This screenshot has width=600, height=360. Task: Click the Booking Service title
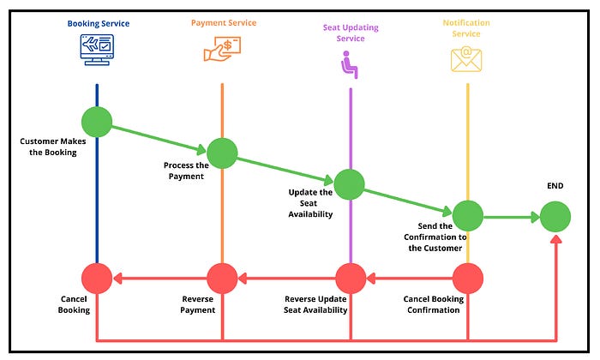99,23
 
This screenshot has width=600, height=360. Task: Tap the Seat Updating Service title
351,32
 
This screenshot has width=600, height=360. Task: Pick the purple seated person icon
350,64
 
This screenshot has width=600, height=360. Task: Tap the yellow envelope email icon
467,58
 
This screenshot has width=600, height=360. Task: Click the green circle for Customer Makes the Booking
97,122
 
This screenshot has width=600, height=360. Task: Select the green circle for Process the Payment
222,152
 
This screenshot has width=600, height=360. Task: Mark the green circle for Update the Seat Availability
350,183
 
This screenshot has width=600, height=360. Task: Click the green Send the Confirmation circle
468,216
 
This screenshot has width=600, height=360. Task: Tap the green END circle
555,216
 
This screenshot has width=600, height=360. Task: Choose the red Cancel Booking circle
97,278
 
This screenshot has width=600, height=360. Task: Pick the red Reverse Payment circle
222,278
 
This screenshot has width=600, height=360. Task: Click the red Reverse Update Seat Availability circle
350,278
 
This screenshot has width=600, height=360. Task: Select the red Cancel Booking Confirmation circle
468,278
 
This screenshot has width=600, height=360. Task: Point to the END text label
555,186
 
